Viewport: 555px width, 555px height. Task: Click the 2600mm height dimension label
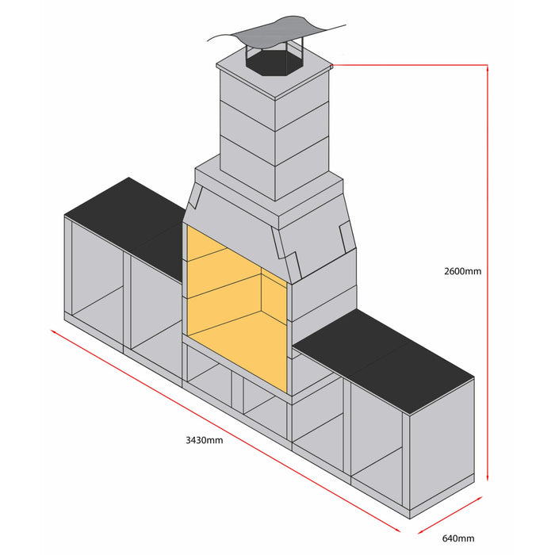462,271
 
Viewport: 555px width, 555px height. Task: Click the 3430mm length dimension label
204,439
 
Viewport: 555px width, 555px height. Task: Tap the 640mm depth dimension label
458,539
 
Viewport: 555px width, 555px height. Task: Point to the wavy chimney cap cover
274,33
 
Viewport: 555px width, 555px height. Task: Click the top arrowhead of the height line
487,70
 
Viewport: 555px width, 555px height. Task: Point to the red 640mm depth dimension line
450,516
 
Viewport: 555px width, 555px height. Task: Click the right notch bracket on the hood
346,234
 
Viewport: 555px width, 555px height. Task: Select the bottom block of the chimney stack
274,170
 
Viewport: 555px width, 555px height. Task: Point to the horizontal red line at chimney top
408,65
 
